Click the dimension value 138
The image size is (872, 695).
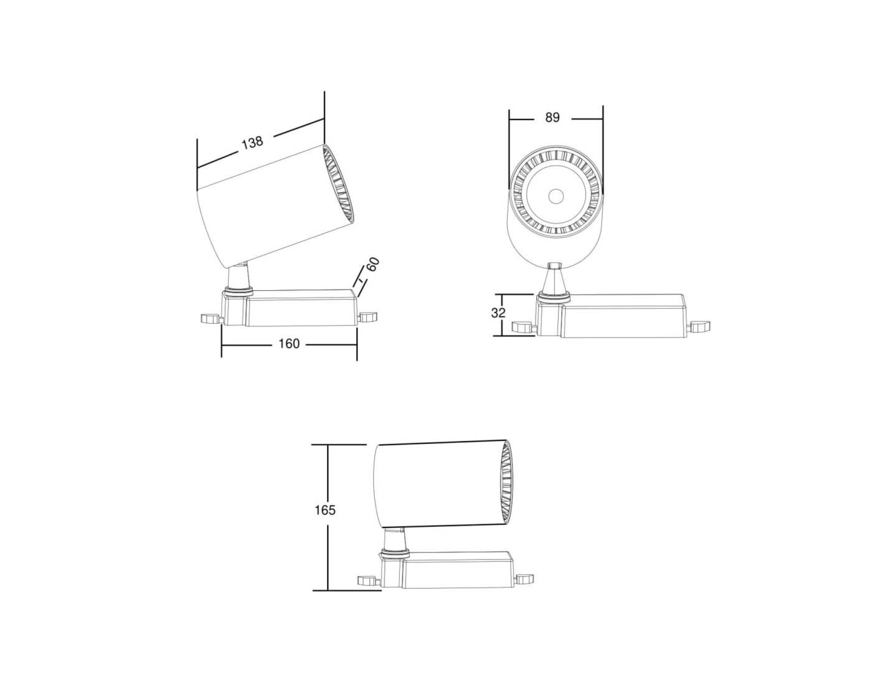252,142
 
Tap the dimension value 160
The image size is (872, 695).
289,344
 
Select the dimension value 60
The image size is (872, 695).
372,265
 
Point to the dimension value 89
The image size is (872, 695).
552,117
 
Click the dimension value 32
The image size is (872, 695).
498,313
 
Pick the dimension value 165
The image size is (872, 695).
325,510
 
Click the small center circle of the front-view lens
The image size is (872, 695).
556,196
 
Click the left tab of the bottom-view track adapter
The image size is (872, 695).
369,581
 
